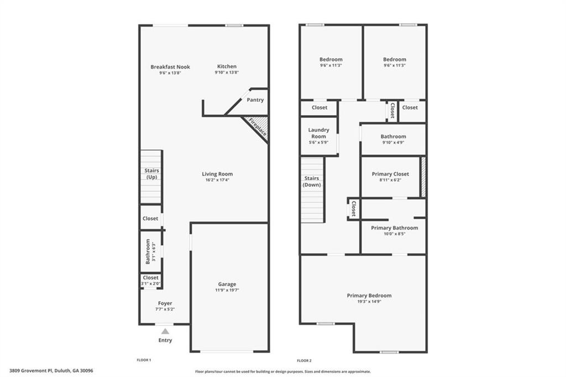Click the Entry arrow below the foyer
click(x=165, y=330)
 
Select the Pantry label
click(x=255, y=100)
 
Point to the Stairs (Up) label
click(x=151, y=174)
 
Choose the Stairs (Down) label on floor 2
click(x=312, y=182)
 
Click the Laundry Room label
click(x=318, y=133)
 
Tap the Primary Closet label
click(x=390, y=174)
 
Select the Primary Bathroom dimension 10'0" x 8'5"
click(x=394, y=234)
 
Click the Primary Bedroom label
click(x=369, y=296)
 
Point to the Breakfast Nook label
click(x=170, y=67)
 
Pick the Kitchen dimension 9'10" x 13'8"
click(x=227, y=73)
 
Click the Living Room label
click(x=217, y=174)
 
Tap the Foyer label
click(x=165, y=303)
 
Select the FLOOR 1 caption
click(x=144, y=360)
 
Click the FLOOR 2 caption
click(x=305, y=360)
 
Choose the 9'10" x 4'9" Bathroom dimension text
click(x=393, y=142)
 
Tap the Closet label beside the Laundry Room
click(x=319, y=107)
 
